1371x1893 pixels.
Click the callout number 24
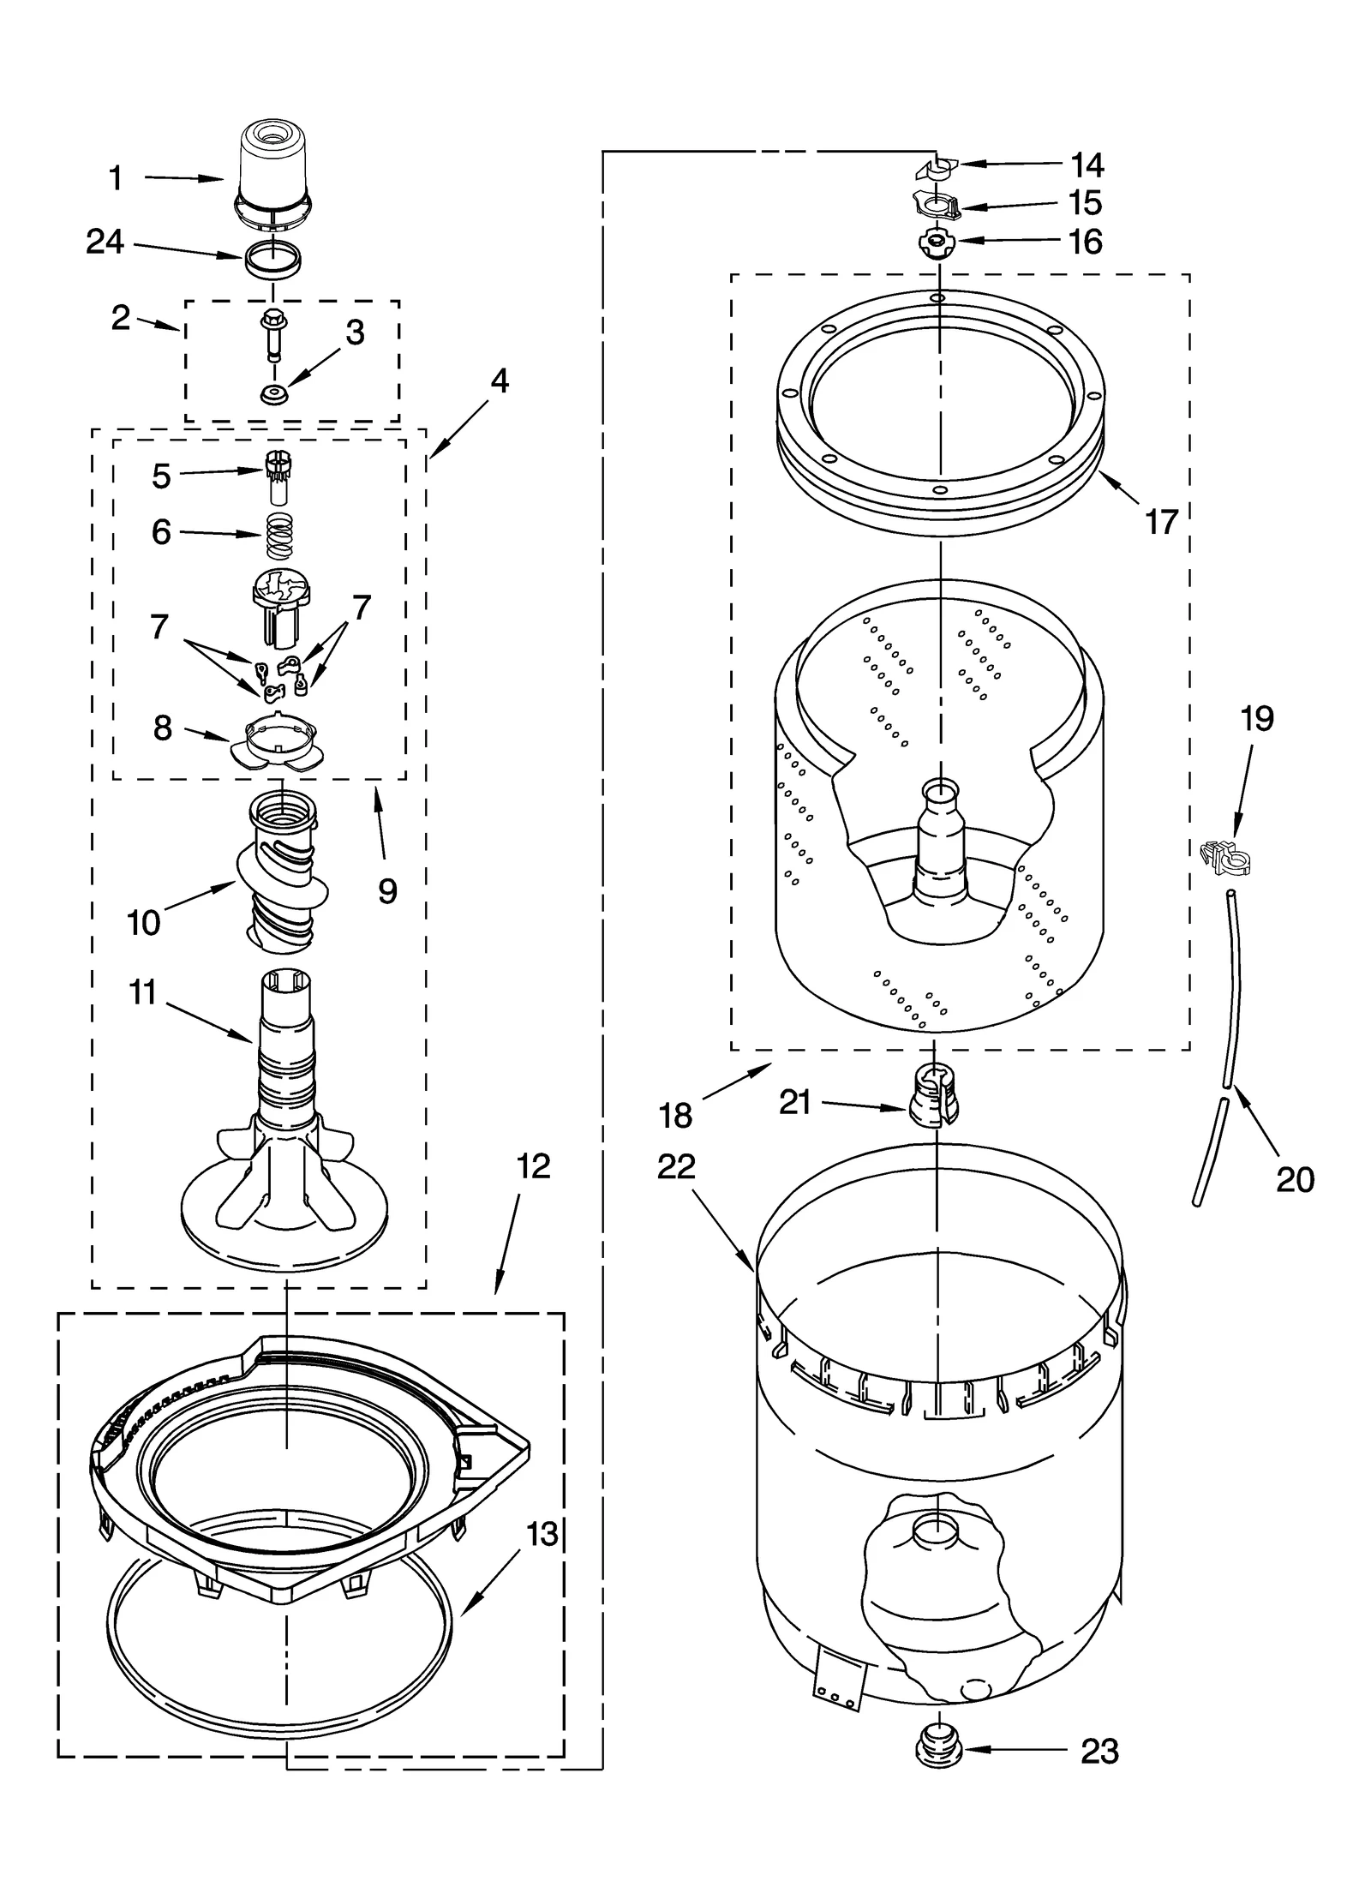pyautogui.click(x=105, y=243)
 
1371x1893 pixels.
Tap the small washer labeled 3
pyautogui.click(x=274, y=395)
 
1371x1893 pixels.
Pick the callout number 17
pyautogui.click(x=1161, y=521)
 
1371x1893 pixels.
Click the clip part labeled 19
pyautogui.click(x=1226, y=855)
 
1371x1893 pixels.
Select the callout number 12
pyautogui.click(x=533, y=1166)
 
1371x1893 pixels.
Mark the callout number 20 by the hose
pyautogui.click(x=1294, y=1180)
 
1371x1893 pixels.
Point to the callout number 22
pyautogui.click(x=676, y=1166)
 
